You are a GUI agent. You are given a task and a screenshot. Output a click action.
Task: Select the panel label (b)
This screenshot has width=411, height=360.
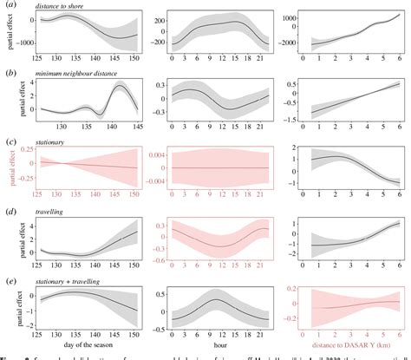click(x=8, y=75)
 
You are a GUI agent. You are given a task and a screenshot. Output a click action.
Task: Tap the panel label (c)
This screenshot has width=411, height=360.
click(x=8, y=141)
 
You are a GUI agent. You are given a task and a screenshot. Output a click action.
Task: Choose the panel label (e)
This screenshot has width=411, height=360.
click(x=8, y=280)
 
